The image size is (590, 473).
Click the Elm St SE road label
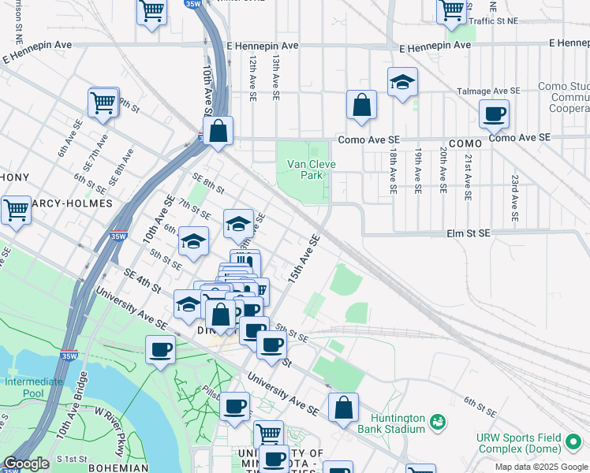469,233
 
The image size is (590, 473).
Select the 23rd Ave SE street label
513,198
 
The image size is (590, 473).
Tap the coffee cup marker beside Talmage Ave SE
495,114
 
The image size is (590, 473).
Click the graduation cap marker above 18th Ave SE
402,82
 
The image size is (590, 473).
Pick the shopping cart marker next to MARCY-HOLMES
16,210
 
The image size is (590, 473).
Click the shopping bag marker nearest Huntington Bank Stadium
343,408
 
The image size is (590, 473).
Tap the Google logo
26,464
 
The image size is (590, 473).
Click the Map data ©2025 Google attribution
541,467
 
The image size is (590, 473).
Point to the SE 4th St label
142,275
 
